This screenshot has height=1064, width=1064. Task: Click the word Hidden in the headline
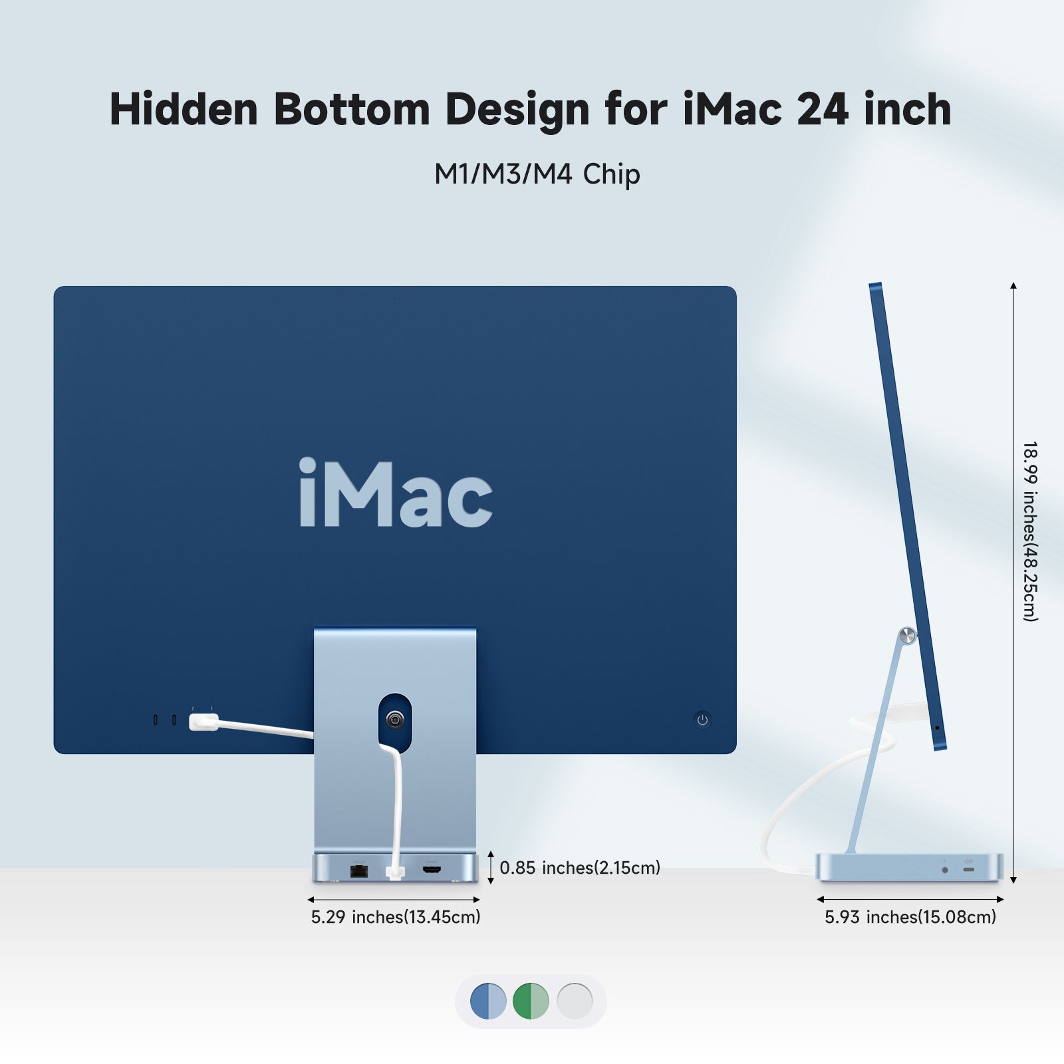point(184,109)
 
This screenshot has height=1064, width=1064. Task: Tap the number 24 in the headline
point(822,109)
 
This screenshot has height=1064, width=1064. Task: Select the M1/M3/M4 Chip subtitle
point(537,174)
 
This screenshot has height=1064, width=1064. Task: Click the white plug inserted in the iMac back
point(203,722)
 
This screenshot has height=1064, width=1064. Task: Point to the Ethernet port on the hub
point(359,870)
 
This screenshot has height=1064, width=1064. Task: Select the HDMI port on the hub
point(432,870)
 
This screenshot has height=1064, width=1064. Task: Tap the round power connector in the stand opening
point(395,719)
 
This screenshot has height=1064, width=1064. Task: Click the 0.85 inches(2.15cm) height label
point(580,868)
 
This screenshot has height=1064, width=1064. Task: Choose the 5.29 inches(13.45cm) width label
point(396,917)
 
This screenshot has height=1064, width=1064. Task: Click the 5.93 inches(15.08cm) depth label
point(910,917)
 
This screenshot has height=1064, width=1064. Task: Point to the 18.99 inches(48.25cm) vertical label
point(1030,531)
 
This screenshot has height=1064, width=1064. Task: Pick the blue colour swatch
point(488,1001)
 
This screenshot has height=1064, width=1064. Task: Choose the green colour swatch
point(531,1001)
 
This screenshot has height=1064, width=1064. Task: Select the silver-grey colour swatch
point(575,1001)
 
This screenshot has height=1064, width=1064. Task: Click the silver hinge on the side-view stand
point(907,636)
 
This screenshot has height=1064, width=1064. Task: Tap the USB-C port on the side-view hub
point(969,869)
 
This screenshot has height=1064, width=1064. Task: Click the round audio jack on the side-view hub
point(945,870)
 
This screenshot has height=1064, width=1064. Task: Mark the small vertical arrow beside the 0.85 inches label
point(491,867)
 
